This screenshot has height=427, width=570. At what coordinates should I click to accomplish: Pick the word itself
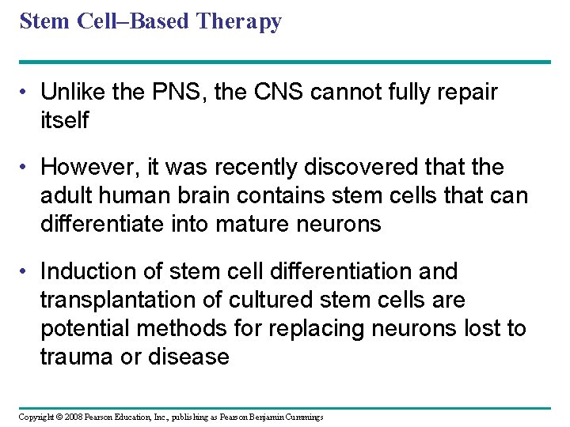click(65, 120)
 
